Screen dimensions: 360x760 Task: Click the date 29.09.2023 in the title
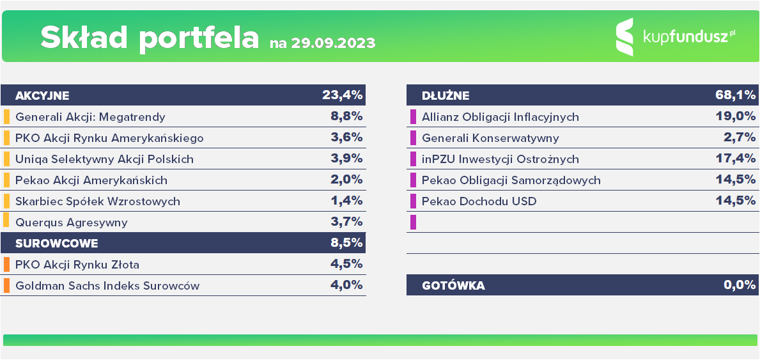[332, 43]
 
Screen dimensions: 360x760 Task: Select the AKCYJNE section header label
[42, 96]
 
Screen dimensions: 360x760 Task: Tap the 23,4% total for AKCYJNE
[343, 96]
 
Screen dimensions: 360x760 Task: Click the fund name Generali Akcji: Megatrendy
[90, 117]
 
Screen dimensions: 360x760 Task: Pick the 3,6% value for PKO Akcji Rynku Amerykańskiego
[347, 137]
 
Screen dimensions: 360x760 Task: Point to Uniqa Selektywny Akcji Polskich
[104, 159]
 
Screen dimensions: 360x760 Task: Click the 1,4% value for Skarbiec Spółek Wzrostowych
[347, 201]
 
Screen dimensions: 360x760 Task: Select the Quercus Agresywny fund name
[72, 223]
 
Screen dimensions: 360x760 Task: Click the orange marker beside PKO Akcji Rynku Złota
[6, 265]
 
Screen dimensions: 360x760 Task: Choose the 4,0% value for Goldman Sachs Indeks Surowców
[347, 285]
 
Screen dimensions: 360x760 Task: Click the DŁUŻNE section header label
[446, 96]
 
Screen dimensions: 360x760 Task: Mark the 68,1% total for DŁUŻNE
[736, 96]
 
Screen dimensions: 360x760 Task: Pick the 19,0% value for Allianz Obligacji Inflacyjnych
[738, 116]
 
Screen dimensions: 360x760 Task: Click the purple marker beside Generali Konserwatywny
[413, 138]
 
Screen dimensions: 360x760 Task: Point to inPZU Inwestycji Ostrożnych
[500, 159]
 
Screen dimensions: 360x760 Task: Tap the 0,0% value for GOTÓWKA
[740, 285]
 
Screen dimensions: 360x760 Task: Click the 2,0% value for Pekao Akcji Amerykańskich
[347, 180]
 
